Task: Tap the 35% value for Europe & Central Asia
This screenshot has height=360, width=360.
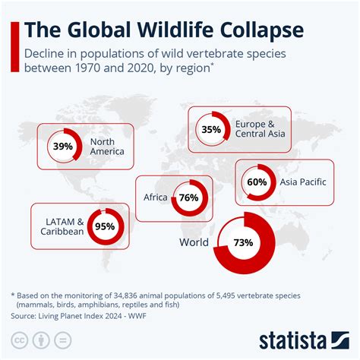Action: (x=211, y=130)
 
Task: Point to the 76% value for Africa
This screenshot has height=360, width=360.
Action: (x=188, y=197)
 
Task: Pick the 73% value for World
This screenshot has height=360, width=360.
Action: (x=243, y=242)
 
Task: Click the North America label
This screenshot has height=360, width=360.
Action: (x=106, y=146)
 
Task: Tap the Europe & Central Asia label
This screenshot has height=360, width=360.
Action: (x=261, y=130)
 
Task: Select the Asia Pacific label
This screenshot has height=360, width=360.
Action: (x=303, y=182)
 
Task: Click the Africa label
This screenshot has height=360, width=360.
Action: (x=155, y=197)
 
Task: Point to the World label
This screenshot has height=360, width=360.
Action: (x=193, y=242)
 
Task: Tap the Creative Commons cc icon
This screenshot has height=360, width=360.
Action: (x=17, y=338)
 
